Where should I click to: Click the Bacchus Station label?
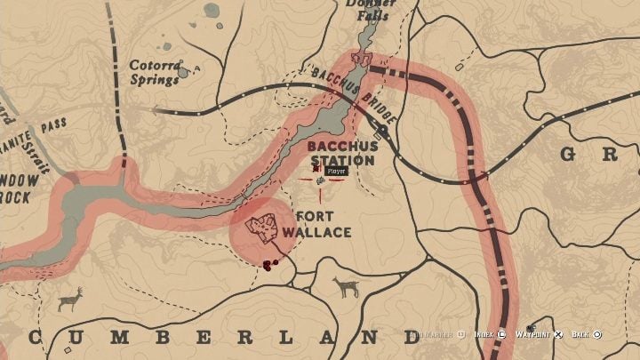pos(342,152)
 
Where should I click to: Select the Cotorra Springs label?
pos(155,71)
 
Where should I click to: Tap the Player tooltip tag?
pos(335,170)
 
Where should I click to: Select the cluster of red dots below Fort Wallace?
pos(269,263)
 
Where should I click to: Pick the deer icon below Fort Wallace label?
pos(345,287)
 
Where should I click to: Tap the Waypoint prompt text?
pos(532,335)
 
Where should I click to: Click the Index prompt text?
pos(484,335)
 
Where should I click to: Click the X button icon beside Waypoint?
pos(558,335)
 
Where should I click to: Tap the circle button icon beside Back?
pos(597,335)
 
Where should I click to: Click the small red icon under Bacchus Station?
pos(315,166)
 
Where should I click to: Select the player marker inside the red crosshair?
pos(320,180)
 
